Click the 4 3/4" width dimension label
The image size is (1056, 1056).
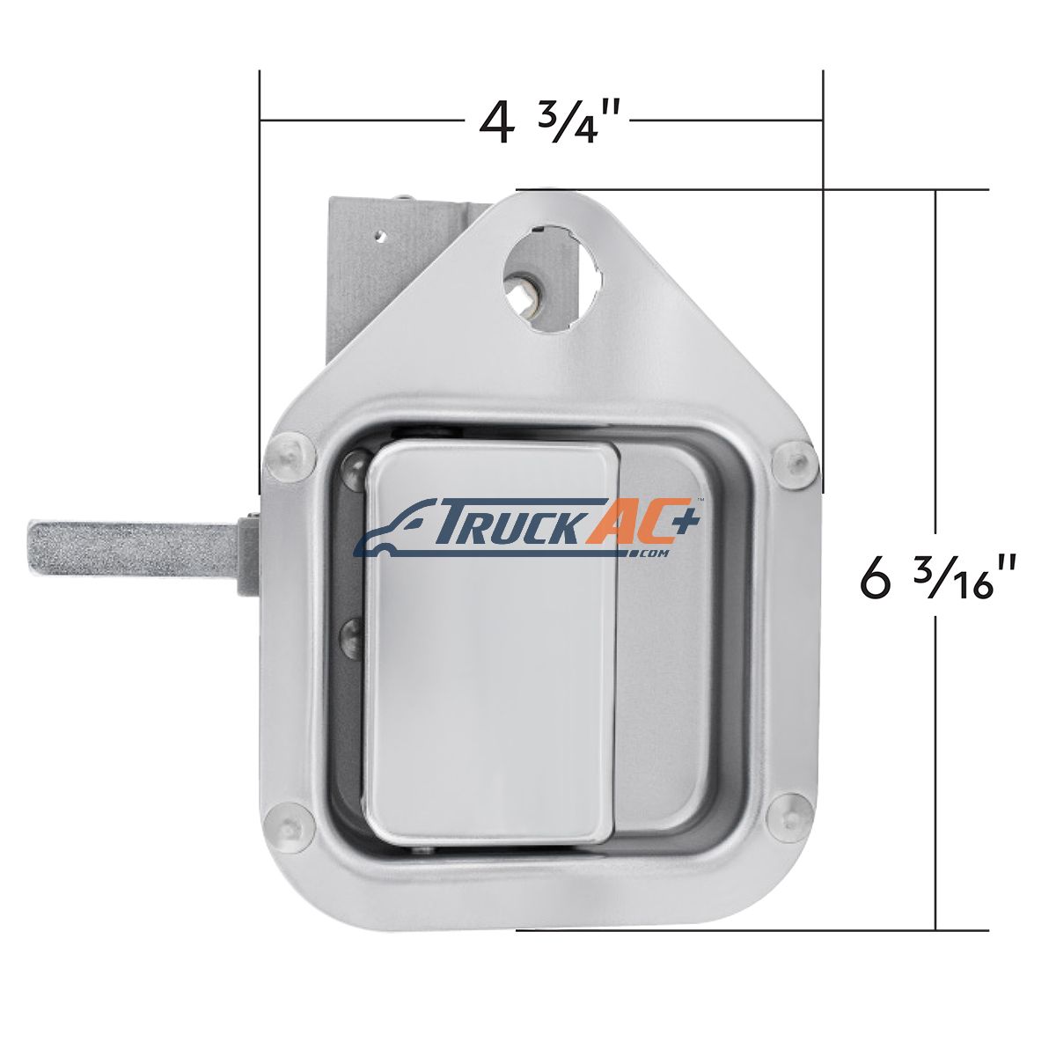553,121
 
